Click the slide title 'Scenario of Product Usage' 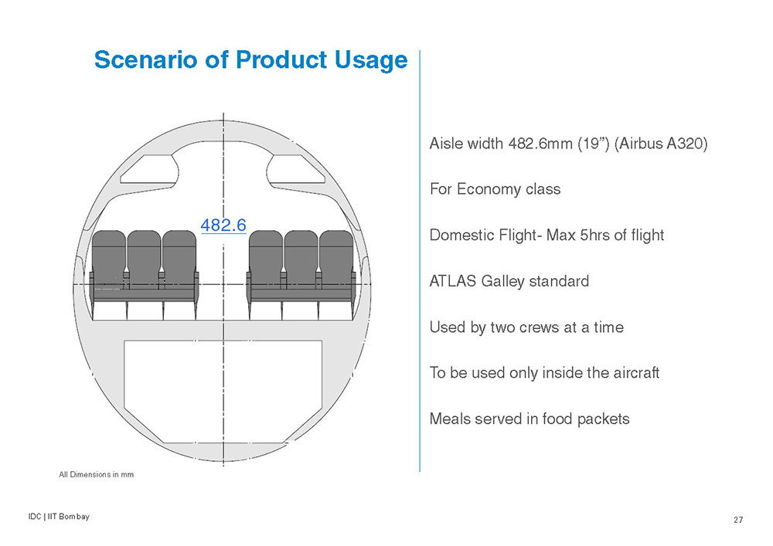251,60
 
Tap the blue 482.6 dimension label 223,225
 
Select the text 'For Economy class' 495,189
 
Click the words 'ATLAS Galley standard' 509,281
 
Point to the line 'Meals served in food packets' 530,419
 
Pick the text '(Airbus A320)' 661,144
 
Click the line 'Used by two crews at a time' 526,327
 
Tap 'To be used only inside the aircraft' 544,373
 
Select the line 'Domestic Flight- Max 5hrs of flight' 547,236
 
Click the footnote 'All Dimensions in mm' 96,475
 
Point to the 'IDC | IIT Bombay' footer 60,517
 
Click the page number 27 738,520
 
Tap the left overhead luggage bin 149,169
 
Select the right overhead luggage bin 296,169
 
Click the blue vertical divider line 420,261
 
